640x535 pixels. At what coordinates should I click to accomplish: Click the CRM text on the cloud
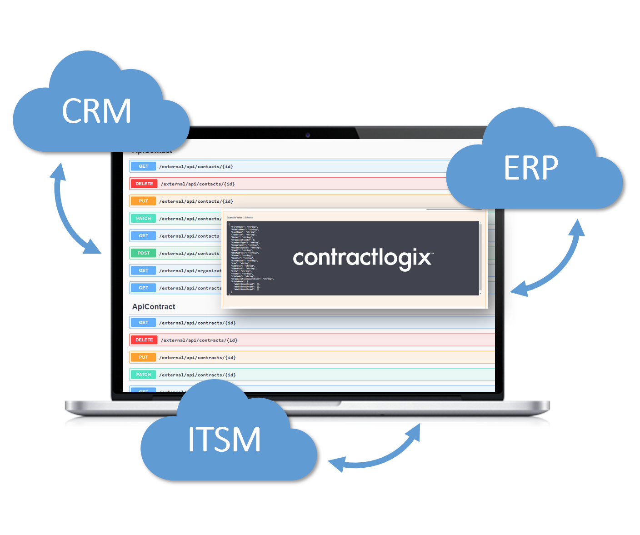(x=96, y=111)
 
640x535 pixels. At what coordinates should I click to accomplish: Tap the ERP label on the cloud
(x=531, y=168)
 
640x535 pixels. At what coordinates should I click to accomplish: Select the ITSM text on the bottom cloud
(x=225, y=440)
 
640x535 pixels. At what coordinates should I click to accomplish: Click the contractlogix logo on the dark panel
(x=363, y=258)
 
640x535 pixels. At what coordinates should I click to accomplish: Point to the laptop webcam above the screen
(x=308, y=135)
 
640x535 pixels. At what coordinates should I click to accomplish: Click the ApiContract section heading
(x=154, y=307)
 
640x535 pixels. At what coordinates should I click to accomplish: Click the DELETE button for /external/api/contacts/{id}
(x=144, y=184)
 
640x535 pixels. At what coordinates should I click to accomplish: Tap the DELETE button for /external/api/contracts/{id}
(x=144, y=340)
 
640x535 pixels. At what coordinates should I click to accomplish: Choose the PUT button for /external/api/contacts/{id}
(x=143, y=201)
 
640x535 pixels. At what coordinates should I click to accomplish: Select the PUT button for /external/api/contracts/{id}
(x=143, y=357)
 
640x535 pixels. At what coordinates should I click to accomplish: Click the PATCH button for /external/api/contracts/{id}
(x=143, y=375)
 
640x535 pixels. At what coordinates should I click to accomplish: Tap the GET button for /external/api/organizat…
(x=143, y=270)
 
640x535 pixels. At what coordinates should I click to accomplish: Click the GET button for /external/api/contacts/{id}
(x=143, y=166)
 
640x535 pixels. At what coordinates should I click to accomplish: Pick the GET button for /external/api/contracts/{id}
(x=143, y=323)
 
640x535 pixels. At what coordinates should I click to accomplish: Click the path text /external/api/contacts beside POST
(x=189, y=254)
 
